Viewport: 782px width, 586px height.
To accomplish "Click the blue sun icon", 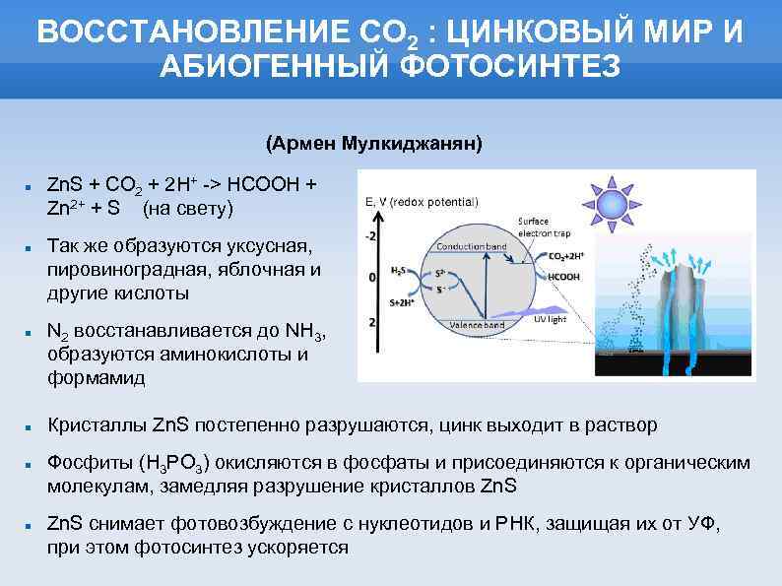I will (613, 204).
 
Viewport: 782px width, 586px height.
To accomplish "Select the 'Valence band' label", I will (477, 324).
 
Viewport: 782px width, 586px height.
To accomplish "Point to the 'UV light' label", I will (551, 318).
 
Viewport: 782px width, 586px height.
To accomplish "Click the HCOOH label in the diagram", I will (564, 277).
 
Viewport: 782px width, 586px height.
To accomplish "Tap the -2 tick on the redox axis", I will (370, 236).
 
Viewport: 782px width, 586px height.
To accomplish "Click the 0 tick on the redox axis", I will (371, 279).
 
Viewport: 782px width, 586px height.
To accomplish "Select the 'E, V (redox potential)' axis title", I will (421, 202).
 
